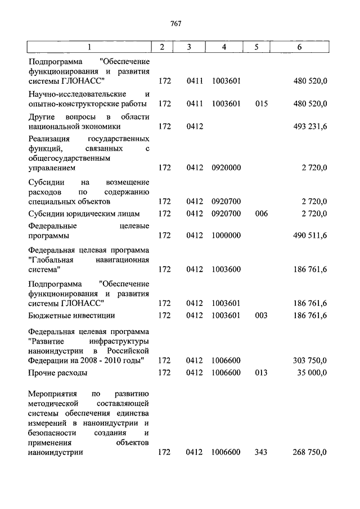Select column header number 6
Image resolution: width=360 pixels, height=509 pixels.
(299, 47)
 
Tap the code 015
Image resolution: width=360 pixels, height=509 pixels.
(261, 103)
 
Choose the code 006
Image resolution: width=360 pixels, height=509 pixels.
(261, 213)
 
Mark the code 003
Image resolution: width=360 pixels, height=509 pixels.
(261, 316)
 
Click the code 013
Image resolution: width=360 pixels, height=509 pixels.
(261, 372)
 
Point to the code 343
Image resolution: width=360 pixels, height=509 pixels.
(261, 452)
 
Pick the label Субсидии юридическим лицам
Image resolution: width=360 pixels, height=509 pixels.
(84, 213)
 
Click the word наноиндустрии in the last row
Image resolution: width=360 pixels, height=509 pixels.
(55, 452)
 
